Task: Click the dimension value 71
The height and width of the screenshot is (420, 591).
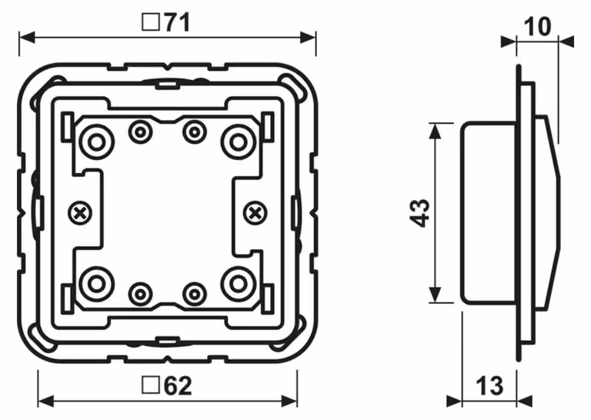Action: coord(177,22)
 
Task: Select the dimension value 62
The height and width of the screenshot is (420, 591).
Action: coord(178,385)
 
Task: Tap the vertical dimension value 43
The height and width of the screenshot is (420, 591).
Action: coord(419,213)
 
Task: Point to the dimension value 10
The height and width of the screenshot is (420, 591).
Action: coord(538,26)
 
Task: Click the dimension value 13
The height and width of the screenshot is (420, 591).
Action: coord(489,385)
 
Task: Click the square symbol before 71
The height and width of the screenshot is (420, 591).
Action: coord(151,22)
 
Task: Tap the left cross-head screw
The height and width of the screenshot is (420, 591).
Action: coord(80,214)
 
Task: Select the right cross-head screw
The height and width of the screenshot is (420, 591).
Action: coord(255,214)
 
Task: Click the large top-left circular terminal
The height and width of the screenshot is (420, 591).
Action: coord(96,142)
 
